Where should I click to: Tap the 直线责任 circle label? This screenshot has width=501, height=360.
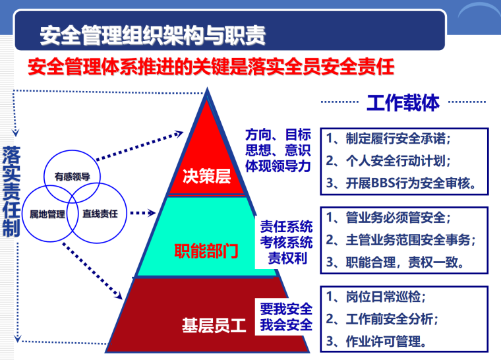(x=100, y=214)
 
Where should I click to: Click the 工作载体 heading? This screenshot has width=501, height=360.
(x=402, y=104)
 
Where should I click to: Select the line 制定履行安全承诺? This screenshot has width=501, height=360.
(x=389, y=138)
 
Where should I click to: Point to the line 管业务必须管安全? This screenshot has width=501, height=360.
(x=389, y=218)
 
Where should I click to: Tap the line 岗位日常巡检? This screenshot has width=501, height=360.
(x=380, y=297)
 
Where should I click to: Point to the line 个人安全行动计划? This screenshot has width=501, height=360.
(x=389, y=161)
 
